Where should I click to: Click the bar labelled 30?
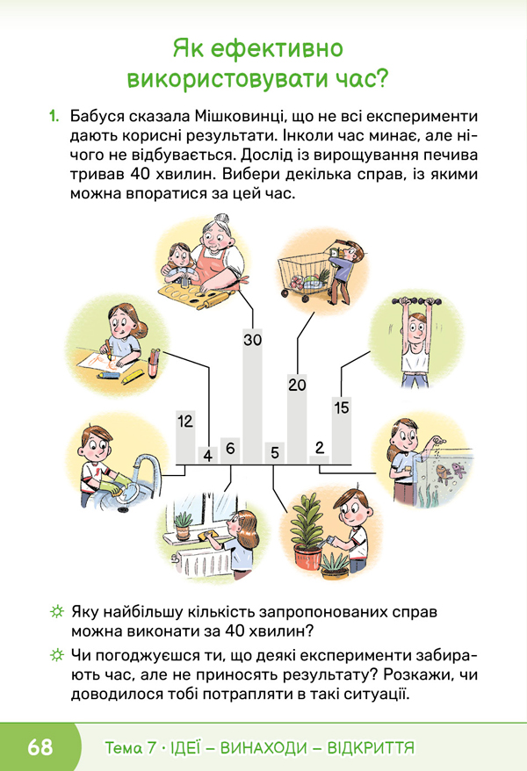(x=253, y=396)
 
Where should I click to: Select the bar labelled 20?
(x=297, y=419)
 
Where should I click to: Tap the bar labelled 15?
(x=342, y=430)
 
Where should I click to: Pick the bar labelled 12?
(x=186, y=437)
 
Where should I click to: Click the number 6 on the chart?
(x=230, y=449)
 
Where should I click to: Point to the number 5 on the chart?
(x=275, y=452)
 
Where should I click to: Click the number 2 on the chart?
(x=320, y=448)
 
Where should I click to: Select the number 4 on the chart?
(x=208, y=456)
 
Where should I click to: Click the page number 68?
(x=40, y=747)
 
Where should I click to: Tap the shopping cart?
(x=301, y=276)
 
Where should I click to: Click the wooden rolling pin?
(x=213, y=299)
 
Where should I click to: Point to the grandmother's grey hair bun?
(x=221, y=219)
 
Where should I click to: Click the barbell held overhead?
(x=416, y=300)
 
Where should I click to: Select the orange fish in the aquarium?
(x=444, y=473)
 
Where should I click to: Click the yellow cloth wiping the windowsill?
(x=206, y=536)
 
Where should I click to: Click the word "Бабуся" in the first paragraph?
(x=98, y=117)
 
